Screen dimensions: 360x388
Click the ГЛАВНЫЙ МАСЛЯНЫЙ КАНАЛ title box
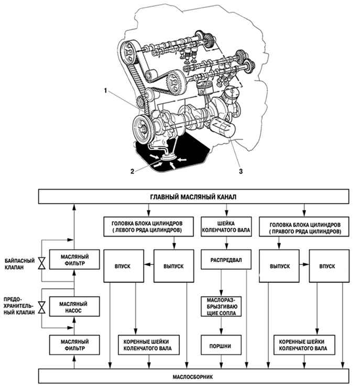click(193, 197)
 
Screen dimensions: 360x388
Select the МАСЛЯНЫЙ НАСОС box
click(74, 307)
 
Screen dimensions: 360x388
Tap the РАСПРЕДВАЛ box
click(226, 260)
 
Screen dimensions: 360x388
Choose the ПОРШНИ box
click(221, 346)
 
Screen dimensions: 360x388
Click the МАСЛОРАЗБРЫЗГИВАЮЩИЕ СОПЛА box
click(221, 307)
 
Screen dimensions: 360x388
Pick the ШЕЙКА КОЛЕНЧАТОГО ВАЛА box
click(226, 227)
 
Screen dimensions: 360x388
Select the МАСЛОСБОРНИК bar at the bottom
click(193, 376)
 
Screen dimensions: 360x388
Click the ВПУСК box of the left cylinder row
click(124, 266)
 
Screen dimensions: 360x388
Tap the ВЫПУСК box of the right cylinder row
click(279, 266)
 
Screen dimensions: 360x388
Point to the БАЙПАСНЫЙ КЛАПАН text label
click(20, 264)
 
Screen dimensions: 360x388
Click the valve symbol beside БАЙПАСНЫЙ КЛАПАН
click(41, 263)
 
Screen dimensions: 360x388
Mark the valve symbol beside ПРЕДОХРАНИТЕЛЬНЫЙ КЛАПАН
click(41, 307)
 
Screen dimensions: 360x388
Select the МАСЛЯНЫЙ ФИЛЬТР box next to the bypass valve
click(74, 260)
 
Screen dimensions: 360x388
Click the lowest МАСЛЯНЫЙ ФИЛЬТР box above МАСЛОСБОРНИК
click(74, 345)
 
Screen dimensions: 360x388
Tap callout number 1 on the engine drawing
click(105, 91)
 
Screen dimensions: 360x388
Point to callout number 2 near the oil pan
click(132, 171)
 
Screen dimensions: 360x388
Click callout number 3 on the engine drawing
click(241, 171)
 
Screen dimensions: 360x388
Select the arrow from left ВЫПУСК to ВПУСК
click(149, 264)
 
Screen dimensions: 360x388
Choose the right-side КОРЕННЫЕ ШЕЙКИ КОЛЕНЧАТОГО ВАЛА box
click(304, 345)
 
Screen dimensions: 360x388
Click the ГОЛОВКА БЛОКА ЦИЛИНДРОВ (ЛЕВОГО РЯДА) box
click(148, 227)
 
